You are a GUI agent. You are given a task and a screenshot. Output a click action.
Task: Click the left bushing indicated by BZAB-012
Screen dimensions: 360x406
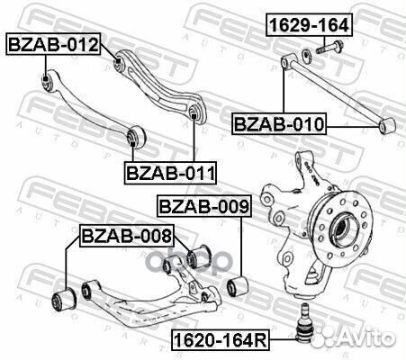coord(47,84)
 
